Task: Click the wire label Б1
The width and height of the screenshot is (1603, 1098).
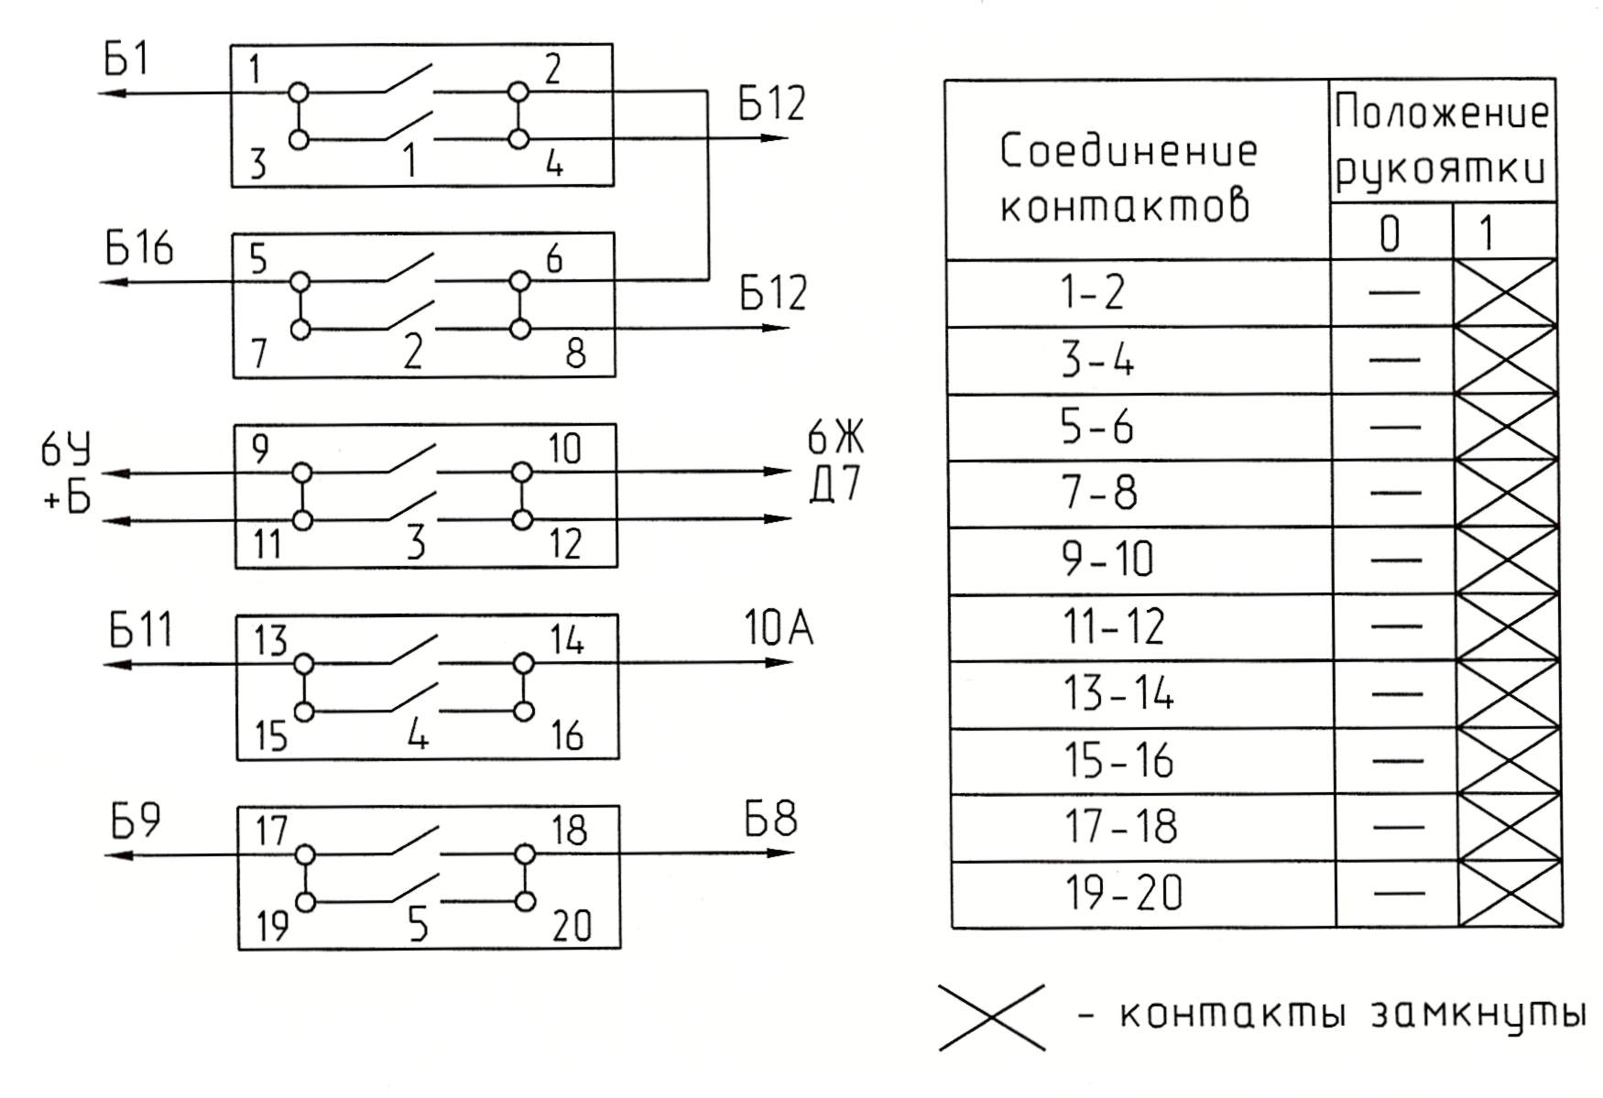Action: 126,60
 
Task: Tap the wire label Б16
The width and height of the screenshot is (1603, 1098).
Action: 138,249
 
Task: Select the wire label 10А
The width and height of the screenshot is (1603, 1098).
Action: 778,629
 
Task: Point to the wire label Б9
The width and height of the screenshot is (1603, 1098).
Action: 136,821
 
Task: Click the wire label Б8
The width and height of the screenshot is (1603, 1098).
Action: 770,819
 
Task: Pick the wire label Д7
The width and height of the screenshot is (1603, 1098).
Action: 835,484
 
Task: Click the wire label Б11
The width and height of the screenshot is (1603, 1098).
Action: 140,631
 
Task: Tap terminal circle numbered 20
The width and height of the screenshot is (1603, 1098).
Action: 525,901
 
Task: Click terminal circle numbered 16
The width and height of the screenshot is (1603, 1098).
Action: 523,711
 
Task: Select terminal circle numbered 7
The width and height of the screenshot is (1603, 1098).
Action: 300,329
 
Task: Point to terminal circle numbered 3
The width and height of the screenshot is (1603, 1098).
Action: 299,139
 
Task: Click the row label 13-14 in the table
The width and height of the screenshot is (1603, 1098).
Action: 1118,693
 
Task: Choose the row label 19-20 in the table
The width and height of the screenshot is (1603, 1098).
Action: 1123,894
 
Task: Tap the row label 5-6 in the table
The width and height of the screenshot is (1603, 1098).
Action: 1096,427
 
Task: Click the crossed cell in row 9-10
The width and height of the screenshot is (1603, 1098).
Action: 1506,560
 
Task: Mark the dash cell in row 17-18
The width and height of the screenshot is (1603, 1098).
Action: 1396,828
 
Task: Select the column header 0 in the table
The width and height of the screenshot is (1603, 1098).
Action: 1390,234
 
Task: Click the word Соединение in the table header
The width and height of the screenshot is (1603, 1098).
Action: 1129,151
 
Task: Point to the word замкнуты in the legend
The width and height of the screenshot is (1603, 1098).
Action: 1477,1016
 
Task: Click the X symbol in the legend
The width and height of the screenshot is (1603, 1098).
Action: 992,1016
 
